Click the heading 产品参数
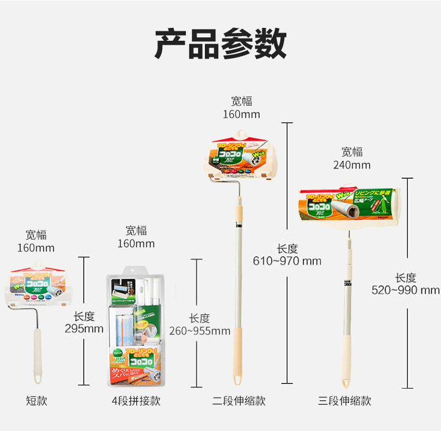(220, 43)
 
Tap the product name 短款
(36, 400)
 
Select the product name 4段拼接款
(136, 400)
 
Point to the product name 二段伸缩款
(239, 400)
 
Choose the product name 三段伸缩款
(344, 400)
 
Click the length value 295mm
(84, 329)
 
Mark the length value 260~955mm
(200, 331)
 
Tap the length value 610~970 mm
(287, 261)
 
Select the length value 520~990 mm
(406, 290)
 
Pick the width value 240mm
(352, 165)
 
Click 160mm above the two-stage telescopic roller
(242, 114)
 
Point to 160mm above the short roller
(36, 248)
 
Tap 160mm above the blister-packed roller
(136, 243)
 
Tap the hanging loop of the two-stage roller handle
(238, 380)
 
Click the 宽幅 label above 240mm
(352, 152)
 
